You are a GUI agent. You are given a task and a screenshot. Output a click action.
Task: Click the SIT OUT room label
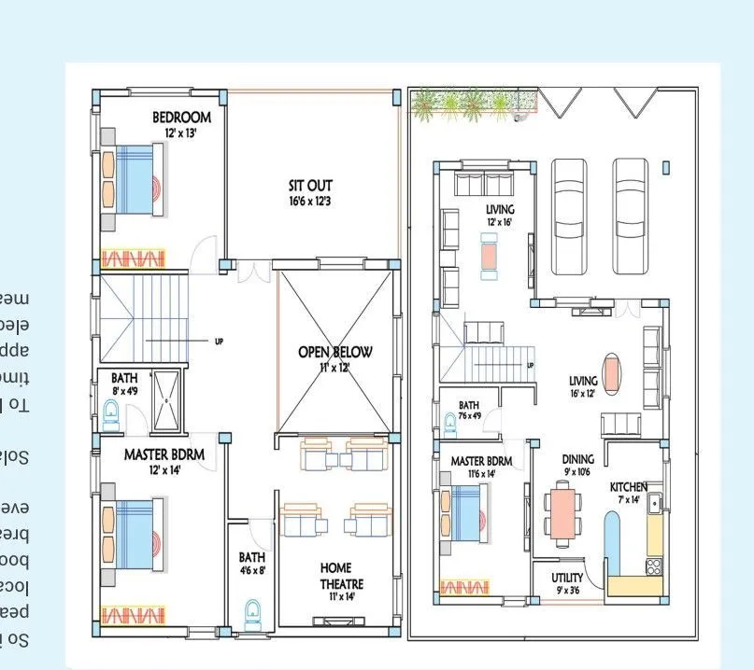(309, 186)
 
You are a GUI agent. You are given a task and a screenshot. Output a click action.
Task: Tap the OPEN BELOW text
(334, 352)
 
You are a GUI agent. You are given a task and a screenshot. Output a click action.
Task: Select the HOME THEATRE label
(341, 574)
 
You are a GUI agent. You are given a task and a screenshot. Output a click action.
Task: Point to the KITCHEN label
(629, 487)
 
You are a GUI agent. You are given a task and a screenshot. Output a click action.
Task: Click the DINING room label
(577, 459)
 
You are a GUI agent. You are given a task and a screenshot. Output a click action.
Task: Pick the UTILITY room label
(567, 578)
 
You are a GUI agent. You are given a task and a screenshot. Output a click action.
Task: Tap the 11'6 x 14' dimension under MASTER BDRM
(480, 474)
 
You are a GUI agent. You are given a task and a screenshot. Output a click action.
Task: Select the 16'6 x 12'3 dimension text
(309, 201)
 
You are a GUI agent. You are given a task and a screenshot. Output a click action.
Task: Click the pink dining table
(562, 516)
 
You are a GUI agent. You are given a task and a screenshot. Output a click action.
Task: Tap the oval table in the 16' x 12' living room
(610, 372)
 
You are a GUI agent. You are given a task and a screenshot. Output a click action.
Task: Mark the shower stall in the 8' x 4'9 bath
(167, 400)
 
